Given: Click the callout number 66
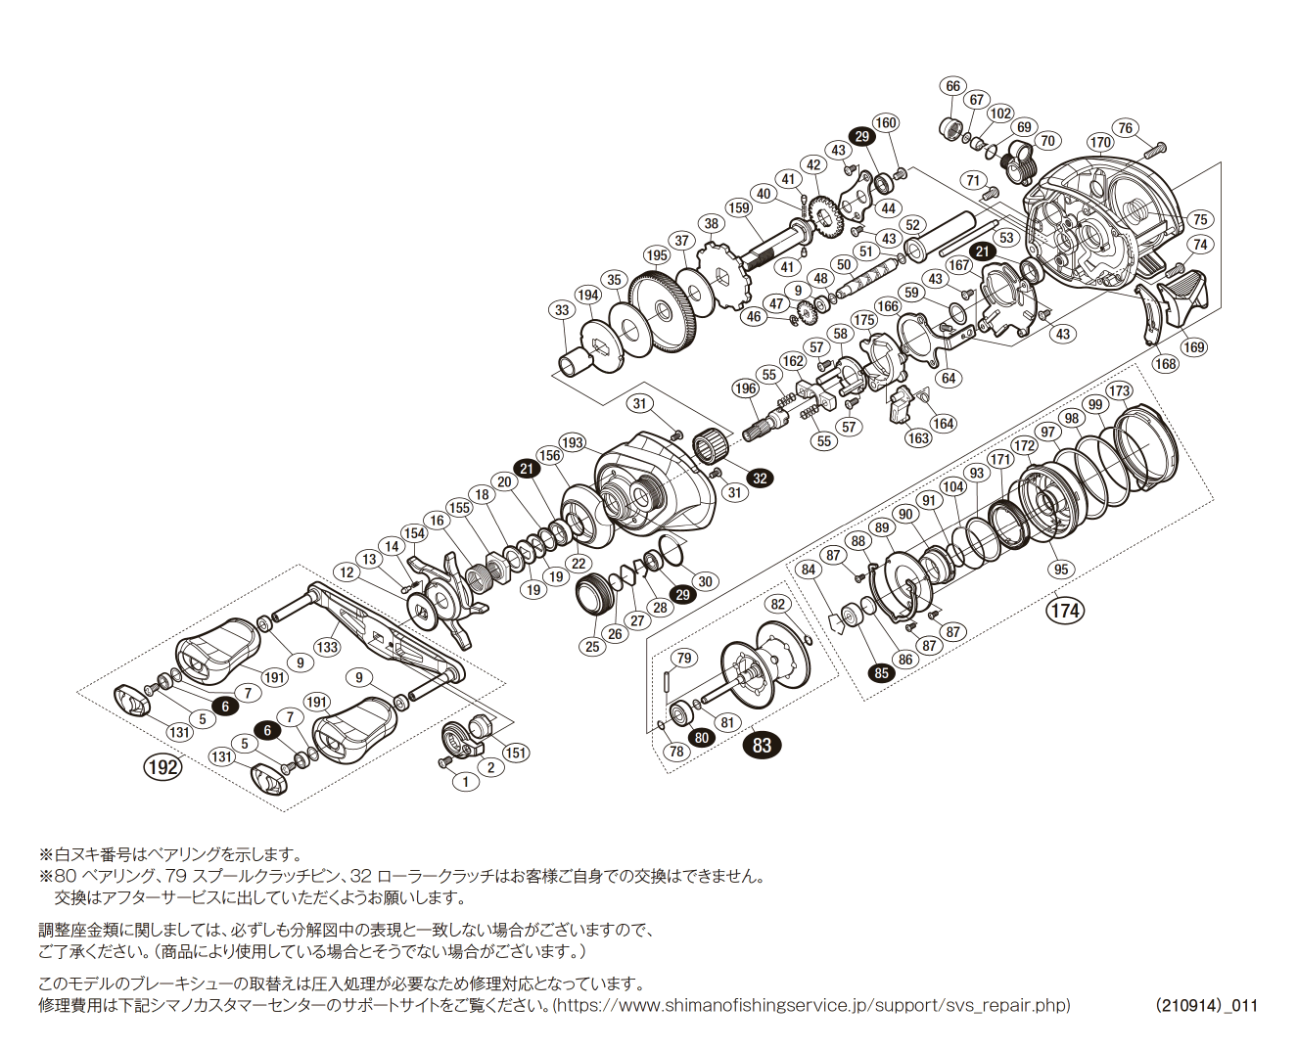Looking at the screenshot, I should [x=952, y=86].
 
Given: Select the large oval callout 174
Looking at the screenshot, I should [x=1065, y=611].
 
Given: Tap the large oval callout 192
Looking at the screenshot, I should [x=162, y=766].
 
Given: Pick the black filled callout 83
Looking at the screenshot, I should [x=762, y=745].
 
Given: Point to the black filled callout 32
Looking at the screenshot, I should [x=760, y=479].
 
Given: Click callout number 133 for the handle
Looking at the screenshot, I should [x=327, y=647].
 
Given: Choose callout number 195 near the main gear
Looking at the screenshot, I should [x=656, y=255].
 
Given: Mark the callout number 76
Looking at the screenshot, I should [x=1126, y=128].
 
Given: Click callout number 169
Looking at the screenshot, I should [x=1193, y=346].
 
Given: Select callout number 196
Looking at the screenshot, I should [x=746, y=388].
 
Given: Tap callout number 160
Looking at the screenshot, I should [x=885, y=122].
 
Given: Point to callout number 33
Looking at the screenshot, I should [x=562, y=310].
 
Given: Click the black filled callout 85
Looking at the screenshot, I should [x=882, y=673].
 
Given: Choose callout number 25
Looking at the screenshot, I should [x=592, y=646].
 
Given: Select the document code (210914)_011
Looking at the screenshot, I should [x=1206, y=1005].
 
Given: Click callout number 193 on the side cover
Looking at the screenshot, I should [x=572, y=442].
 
